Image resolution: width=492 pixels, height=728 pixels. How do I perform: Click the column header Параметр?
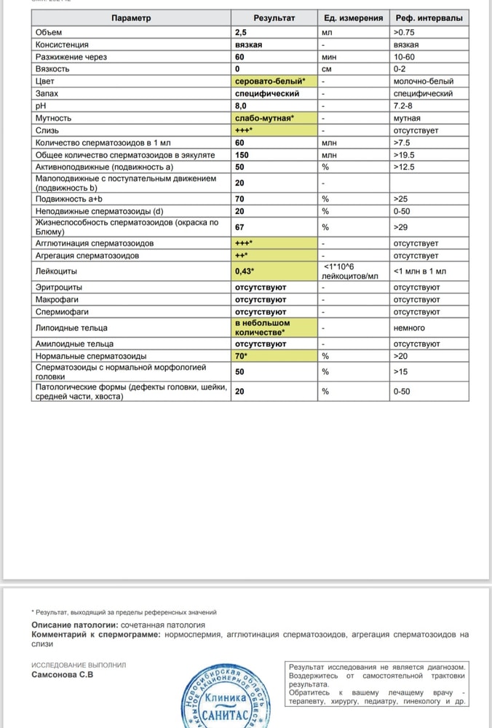(x=131, y=18)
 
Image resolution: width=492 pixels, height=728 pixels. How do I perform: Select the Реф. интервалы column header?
(x=429, y=18)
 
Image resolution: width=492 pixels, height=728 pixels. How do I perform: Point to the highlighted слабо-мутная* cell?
(x=264, y=118)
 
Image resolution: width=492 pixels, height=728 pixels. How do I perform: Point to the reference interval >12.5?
(x=405, y=167)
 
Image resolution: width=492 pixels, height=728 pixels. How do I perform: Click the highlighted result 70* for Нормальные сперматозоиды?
(x=242, y=357)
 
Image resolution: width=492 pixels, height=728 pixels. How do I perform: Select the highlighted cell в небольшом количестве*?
(x=262, y=328)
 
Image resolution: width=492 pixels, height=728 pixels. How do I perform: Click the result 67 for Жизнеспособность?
(x=240, y=226)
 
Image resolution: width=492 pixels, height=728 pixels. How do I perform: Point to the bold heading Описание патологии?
(x=70, y=625)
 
